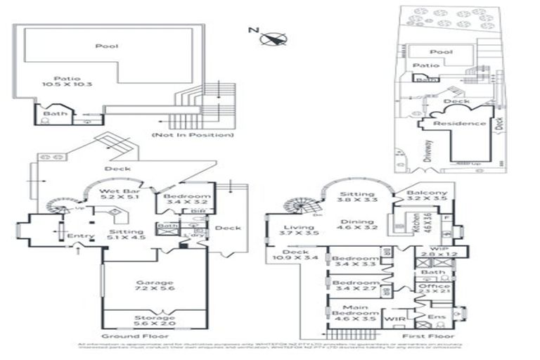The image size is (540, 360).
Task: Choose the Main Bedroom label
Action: point(354,311)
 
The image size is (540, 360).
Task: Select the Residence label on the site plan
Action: point(459,123)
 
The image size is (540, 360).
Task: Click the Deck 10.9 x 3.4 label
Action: point(301,256)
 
